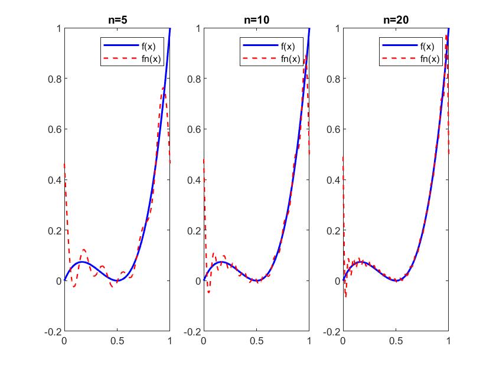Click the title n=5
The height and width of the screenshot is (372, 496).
[x=117, y=19]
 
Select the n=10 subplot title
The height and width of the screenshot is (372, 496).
[x=256, y=19]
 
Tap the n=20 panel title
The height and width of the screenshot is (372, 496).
[x=396, y=19]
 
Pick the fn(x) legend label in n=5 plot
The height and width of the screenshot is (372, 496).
[x=152, y=58]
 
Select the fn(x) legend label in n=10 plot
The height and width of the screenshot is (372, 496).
[x=291, y=58]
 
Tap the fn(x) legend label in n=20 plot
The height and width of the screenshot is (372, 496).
[x=430, y=58]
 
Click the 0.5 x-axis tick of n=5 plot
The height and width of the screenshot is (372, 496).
[x=117, y=341]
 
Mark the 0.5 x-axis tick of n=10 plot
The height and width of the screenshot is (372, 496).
[x=256, y=341]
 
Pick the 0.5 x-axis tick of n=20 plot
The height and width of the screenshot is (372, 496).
[x=396, y=341]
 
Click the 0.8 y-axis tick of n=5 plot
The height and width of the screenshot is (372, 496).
[x=54, y=79]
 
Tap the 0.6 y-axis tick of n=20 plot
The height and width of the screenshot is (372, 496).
[x=332, y=129]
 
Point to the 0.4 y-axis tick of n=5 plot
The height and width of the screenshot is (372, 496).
[x=54, y=180]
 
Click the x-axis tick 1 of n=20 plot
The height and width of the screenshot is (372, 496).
[x=448, y=341]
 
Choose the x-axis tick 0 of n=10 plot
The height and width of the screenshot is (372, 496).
[x=204, y=341]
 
